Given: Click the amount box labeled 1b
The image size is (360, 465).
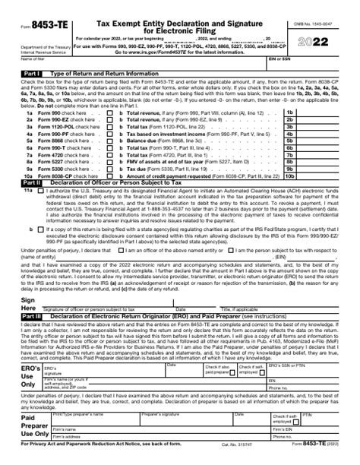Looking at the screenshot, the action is tap(311, 112).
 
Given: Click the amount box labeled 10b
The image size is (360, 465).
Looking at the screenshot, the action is tap(311, 176).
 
